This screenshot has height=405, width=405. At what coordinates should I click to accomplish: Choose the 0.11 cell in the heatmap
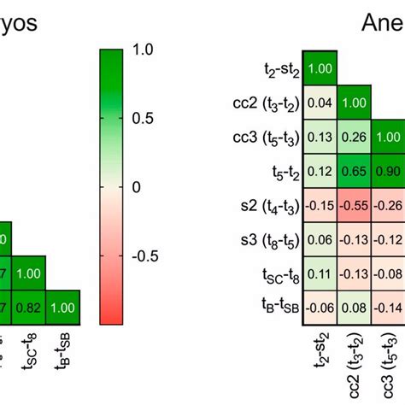(x=320, y=273)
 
